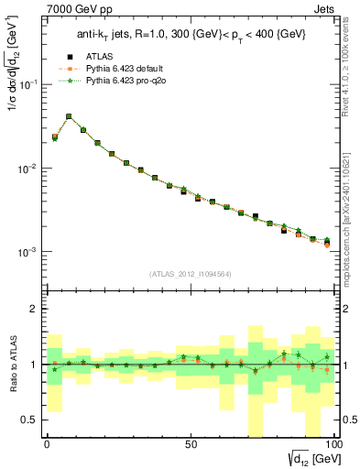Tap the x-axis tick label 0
pos(47,442)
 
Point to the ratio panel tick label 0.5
pos(29,420)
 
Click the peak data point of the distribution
pos(69,116)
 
